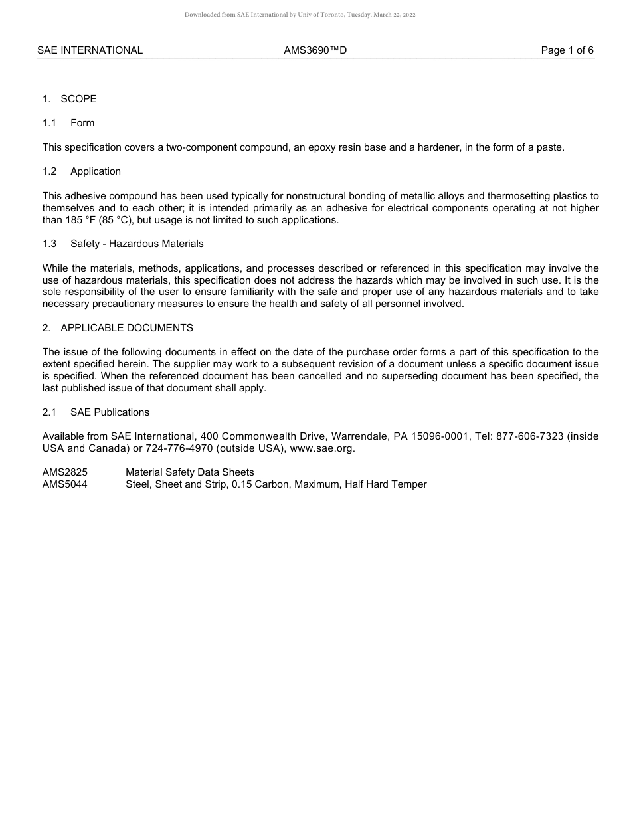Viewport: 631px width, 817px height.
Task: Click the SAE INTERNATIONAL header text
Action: click(x=90, y=50)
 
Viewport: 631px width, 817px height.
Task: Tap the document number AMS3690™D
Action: click(x=315, y=50)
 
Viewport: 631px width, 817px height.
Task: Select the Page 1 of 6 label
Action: click(x=567, y=50)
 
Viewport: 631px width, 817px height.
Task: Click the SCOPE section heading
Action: click(x=78, y=99)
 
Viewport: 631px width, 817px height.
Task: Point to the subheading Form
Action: click(x=82, y=123)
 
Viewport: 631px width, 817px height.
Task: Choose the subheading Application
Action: click(x=96, y=171)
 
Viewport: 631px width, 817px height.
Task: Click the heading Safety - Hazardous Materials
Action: click(x=137, y=244)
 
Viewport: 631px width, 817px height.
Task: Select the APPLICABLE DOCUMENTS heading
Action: click(x=126, y=328)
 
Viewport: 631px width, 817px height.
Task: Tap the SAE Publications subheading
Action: click(x=110, y=412)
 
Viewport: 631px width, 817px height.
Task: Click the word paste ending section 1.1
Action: click(x=550, y=147)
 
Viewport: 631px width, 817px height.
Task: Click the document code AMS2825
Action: click(x=65, y=472)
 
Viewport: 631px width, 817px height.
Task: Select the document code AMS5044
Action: click(x=65, y=484)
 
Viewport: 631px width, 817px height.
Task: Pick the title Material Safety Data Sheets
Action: click(x=190, y=472)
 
